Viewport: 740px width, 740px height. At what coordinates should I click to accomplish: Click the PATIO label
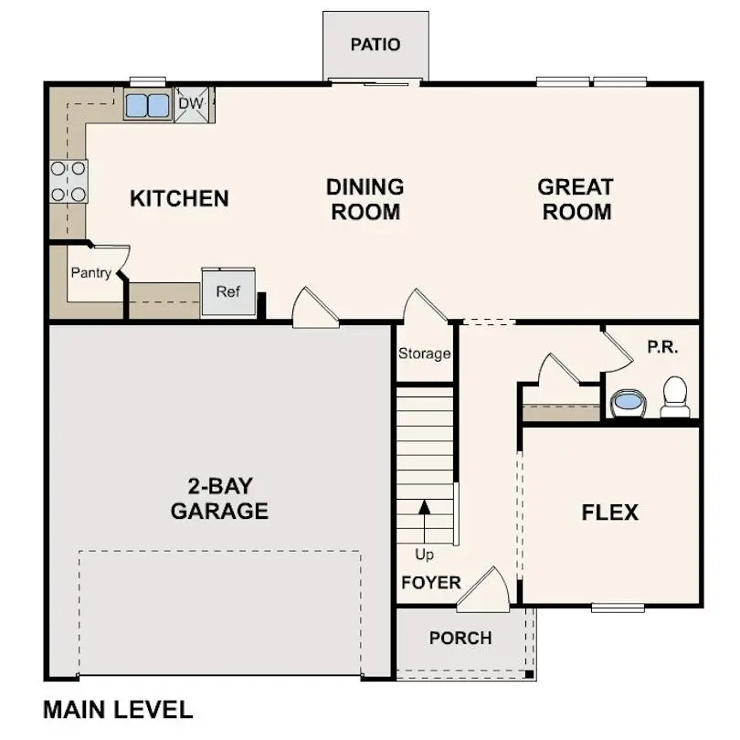(x=375, y=45)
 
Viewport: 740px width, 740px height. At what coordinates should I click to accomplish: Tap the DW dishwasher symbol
(x=191, y=104)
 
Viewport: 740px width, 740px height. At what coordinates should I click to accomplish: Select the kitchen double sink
(x=147, y=105)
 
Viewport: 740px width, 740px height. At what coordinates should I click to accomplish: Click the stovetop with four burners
(x=69, y=181)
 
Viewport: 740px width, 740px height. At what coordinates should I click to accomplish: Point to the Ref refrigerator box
(x=228, y=292)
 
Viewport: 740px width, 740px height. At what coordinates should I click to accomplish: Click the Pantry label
(x=91, y=272)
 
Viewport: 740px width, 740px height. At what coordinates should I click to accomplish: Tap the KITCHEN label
(x=179, y=198)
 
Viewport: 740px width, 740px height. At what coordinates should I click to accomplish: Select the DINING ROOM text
(x=365, y=199)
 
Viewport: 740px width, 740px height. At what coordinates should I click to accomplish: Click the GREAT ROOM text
(x=575, y=199)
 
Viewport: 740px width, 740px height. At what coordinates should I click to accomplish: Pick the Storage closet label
(x=424, y=354)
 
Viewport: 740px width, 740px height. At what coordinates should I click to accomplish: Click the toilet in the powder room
(x=675, y=396)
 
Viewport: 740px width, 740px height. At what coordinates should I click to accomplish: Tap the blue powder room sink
(x=627, y=401)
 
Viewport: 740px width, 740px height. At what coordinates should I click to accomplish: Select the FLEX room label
(x=609, y=513)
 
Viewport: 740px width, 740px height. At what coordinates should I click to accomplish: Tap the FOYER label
(x=430, y=583)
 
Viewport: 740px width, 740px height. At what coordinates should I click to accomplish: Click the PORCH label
(x=460, y=638)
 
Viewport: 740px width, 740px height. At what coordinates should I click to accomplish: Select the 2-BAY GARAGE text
(x=219, y=498)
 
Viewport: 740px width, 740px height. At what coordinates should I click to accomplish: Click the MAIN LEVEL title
(x=118, y=710)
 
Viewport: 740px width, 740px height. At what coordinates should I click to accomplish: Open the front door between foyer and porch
(x=483, y=591)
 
